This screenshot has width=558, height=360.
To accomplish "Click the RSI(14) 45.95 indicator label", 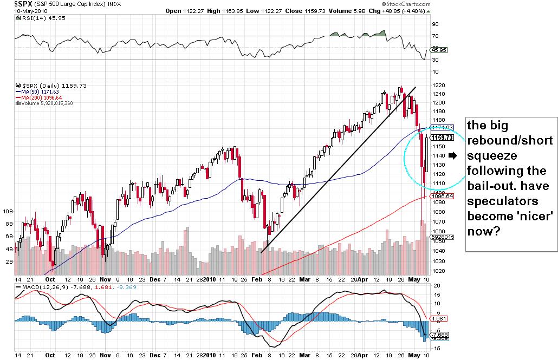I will pyautogui.click(x=34, y=17).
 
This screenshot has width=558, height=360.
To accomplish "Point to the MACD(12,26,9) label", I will pyautogui.click(x=41, y=286).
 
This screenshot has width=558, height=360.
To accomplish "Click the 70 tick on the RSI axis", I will pyautogui.click(x=434, y=36).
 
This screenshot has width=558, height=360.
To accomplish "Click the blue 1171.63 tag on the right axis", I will pyautogui.click(x=439, y=127).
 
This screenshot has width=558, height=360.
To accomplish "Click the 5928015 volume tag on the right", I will pyautogui.click(x=440, y=237).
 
